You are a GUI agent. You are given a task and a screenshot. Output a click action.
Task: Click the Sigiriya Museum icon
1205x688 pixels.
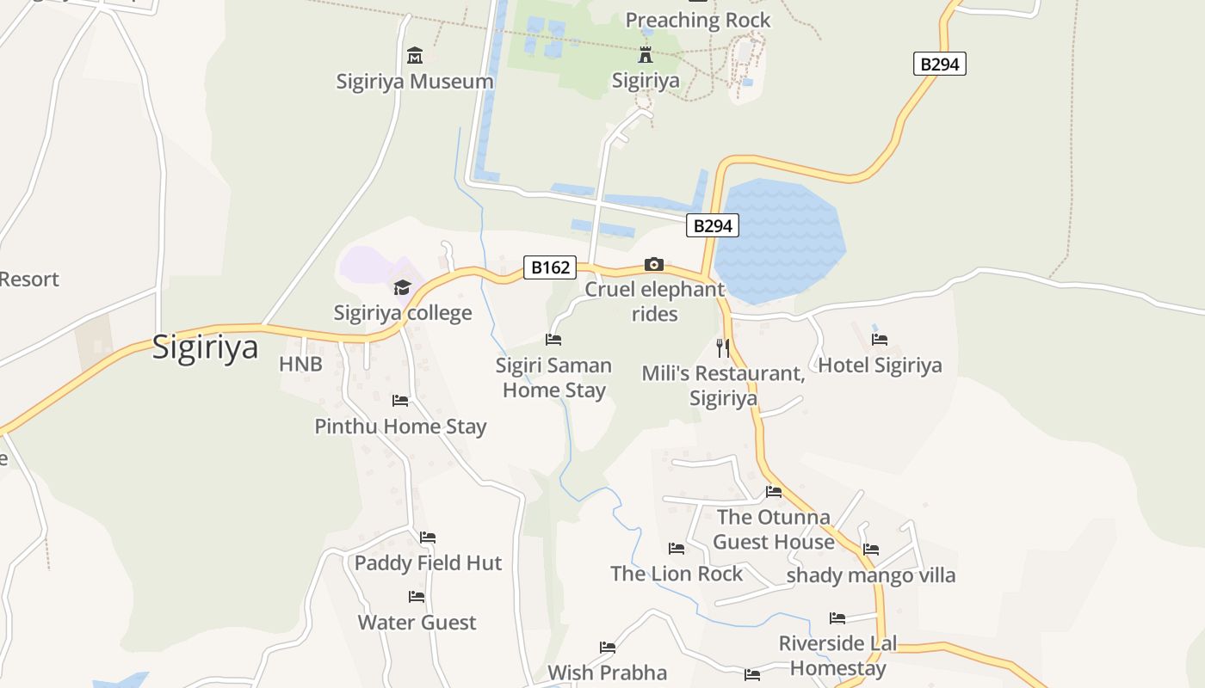415,56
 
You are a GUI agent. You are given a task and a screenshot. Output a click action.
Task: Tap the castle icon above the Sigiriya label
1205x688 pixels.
646,56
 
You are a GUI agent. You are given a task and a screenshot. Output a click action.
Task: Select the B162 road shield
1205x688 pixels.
550,267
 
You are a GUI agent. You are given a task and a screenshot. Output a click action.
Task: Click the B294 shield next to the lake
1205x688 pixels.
713,226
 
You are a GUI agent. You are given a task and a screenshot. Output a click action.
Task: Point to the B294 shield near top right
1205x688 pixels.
939,64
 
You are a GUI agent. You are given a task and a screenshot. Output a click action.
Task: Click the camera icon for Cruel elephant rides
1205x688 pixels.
654,264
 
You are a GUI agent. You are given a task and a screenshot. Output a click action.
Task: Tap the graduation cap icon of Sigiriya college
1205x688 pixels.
402,287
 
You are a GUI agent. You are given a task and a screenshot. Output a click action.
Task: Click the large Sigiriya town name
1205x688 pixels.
205,347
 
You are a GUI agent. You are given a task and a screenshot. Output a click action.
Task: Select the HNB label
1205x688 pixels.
300,365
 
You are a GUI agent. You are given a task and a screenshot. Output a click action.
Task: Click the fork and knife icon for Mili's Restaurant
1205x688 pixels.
723,347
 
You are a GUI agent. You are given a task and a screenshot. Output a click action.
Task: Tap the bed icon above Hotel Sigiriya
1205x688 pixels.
880,340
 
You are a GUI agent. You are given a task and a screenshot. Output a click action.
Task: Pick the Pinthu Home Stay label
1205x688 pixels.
400,427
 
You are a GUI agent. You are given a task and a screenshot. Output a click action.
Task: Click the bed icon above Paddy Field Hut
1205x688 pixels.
428,537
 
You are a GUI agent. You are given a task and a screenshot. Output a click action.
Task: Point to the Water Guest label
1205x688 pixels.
417,623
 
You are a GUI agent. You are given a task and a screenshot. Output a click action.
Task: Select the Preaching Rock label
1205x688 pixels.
698,21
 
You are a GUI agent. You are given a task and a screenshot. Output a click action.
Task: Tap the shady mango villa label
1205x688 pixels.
871,575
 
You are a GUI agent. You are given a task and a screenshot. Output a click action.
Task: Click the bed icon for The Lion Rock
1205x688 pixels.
677,549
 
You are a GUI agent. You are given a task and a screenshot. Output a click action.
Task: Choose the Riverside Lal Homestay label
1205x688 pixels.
837,655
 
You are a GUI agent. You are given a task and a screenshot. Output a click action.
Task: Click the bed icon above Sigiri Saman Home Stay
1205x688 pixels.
553,340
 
